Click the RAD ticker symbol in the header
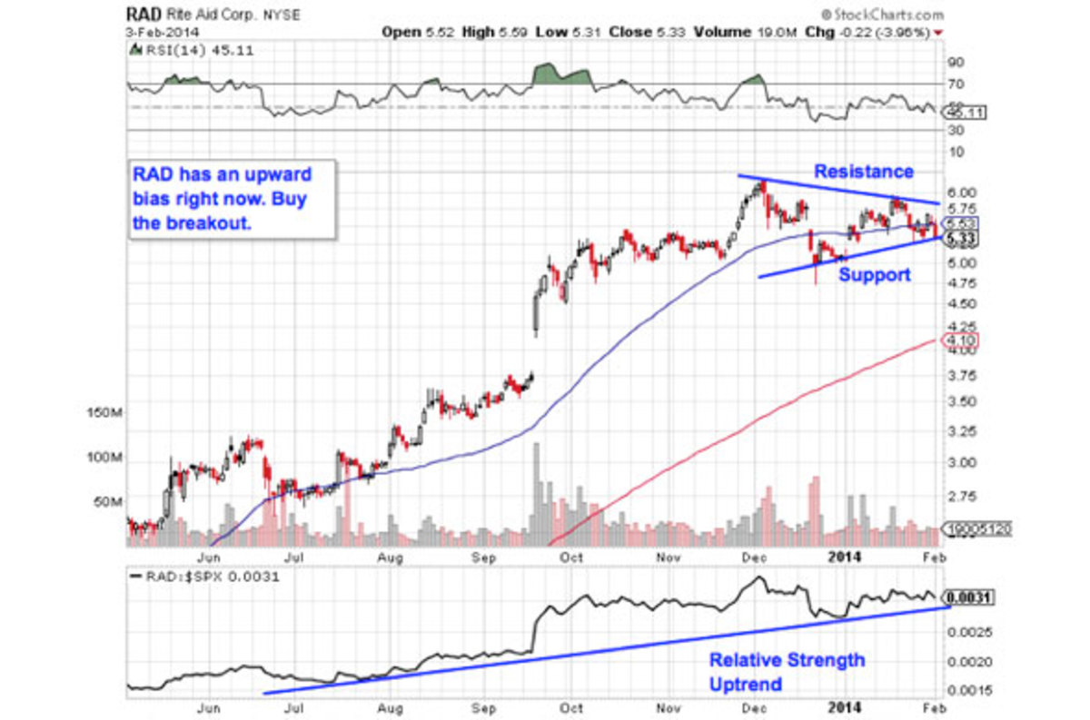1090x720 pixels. click(x=144, y=15)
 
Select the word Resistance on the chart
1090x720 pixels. click(x=863, y=172)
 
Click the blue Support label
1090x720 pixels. click(x=874, y=274)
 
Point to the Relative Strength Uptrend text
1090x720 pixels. click(x=787, y=672)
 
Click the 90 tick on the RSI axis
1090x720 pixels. click(x=955, y=63)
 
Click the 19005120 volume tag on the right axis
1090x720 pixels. click(x=979, y=527)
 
